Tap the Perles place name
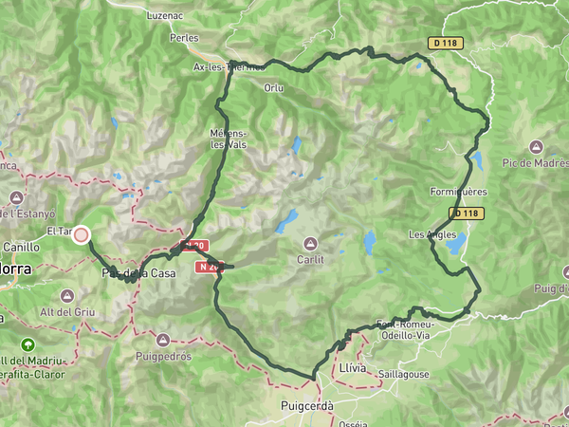tap(183, 38)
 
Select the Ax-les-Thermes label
tap(228, 67)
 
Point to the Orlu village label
tap(274, 87)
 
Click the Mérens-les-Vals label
tap(229, 139)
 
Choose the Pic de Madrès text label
tap(535, 163)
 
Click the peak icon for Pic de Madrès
tap(536, 146)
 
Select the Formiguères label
tap(458, 192)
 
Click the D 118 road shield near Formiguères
tap(464, 213)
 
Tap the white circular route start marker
tap(82, 235)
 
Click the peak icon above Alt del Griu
tap(65, 296)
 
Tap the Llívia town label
tap(351, 366)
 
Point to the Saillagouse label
tap(403, 374)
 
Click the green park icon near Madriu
tap(26, 343)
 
